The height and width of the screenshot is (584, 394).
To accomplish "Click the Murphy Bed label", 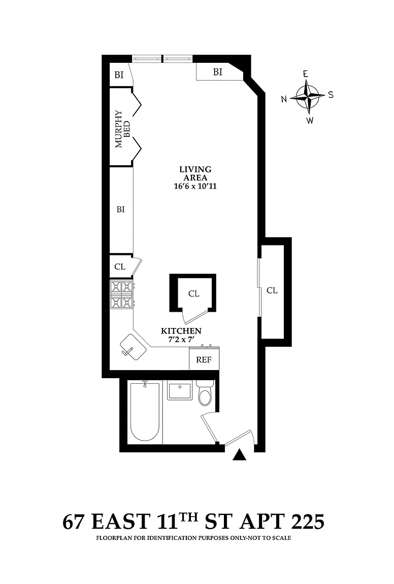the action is pos(123,129).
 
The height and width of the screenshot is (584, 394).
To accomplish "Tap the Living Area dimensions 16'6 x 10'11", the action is pos(195,186).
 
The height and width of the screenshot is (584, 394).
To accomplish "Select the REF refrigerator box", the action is pos(204,358).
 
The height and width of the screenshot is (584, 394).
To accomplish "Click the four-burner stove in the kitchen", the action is pos(122,295).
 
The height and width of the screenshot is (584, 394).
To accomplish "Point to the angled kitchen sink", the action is pos(133,347).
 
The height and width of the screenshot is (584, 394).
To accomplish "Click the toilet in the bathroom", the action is pos(205,393).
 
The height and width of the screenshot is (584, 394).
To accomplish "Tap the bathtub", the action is pos(145,413).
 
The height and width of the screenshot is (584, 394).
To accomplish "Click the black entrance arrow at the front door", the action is pos(239,455).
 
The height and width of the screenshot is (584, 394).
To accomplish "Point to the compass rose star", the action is pos(308,96).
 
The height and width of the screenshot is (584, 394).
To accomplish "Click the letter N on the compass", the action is pos(284,99).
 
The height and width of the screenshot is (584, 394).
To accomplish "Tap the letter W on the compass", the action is pos(310,120).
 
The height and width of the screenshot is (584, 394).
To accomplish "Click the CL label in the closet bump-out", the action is pos(272,290).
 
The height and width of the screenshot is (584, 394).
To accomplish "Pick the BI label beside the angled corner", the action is pos(217,72).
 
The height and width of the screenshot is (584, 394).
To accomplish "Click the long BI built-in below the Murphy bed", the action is pos(121,210).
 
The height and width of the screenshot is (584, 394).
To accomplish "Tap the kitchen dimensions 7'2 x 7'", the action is pos(181,339).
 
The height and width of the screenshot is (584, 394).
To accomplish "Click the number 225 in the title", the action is pos(308,522).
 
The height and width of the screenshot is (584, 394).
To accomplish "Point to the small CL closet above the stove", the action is pos(120,267).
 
